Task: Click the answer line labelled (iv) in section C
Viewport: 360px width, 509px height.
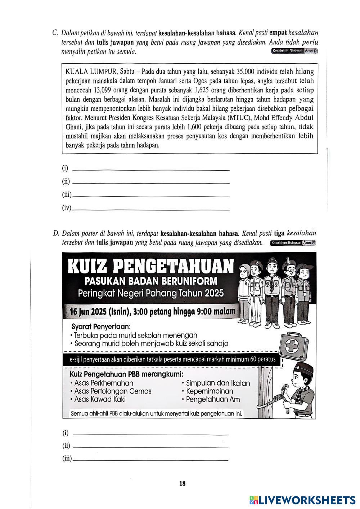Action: [151, 209]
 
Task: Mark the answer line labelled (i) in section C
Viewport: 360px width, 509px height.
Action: [151, 169]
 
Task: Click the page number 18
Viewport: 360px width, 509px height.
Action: [182, 483]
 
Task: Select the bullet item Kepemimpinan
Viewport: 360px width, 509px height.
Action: [210, 391]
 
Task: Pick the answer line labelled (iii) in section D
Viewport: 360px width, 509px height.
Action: [150, 460]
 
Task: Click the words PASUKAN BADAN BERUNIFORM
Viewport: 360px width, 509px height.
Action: [151, 281]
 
